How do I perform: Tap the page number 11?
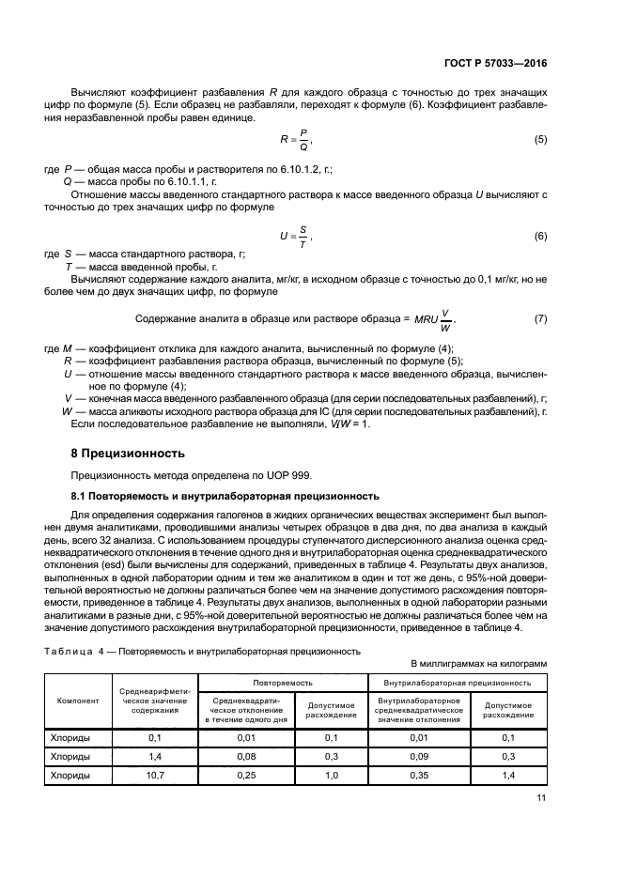[541, 798]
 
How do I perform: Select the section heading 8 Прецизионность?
[122, 453]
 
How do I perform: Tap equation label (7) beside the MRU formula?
[540, 319]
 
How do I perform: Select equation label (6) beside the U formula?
[540, 237]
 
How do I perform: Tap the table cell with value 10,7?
[155, 776]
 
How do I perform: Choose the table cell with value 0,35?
[418, 776]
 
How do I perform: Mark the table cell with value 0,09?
[418, 756]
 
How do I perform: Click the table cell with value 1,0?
[332, 776]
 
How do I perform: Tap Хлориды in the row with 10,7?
[70, 776]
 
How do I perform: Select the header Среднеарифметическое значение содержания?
[155, 701]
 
